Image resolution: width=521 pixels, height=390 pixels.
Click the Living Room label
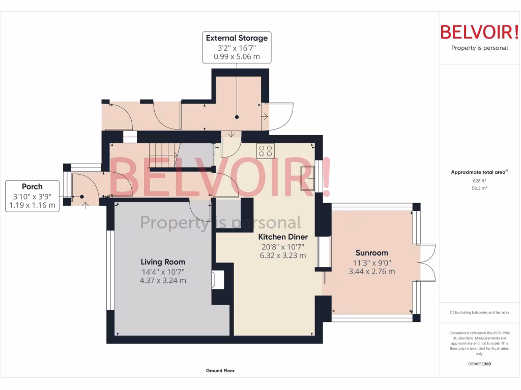tap(163, 262)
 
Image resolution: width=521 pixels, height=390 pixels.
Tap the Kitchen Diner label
tap(282, 237)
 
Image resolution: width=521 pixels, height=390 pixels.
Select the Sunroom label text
tap(371, 253)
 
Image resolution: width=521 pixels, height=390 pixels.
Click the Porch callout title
tap(32, 187)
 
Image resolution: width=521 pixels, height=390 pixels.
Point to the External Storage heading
tap(237, 38)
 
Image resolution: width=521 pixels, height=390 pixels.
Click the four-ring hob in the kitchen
tap(265, 150)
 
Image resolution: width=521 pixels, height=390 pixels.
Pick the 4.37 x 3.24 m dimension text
tap(163, 280)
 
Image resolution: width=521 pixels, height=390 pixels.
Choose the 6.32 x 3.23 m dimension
tap(282, 255)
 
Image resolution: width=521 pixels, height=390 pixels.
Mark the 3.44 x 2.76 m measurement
tap(371, 271)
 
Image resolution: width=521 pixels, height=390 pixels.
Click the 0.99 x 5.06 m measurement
tap(237, 56)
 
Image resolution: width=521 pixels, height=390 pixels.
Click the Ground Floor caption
tap(220, 371)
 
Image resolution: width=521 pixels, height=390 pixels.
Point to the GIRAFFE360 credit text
tap(479, 364)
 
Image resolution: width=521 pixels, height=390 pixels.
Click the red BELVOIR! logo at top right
tap(479, 32)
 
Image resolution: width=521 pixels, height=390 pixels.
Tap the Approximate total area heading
tap(479, 173)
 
